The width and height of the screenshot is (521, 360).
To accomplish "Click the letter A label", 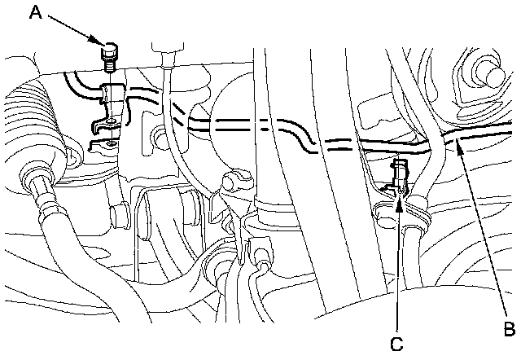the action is (x=35, y=11).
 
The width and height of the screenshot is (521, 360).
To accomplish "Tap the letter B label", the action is (x=510, y=329).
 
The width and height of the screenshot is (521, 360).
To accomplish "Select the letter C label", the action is (x=396, y=344).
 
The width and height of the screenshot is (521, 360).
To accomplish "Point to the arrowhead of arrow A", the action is (x=102, y=43).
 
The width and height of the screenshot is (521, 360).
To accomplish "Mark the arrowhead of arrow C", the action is (x=398, y=197).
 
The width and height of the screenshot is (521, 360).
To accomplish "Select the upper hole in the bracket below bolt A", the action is (x=111, y=122).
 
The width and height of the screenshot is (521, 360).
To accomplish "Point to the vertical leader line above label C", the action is (x=398, y=269).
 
